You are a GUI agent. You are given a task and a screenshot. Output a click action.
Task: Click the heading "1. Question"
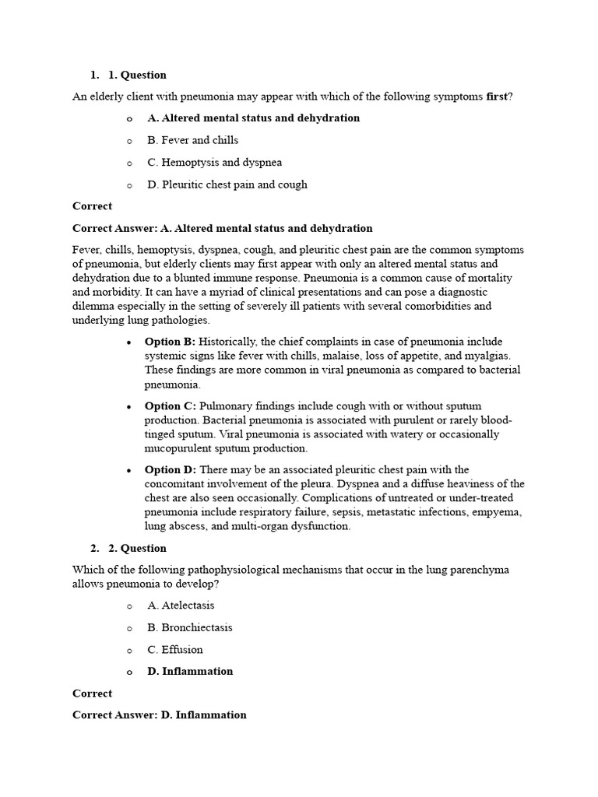click(x=137, y=75)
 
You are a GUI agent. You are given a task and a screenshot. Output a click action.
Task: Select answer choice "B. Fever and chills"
click(x=192, y=140)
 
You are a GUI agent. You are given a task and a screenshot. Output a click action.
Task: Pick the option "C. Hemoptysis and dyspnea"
click(x=214, y=163)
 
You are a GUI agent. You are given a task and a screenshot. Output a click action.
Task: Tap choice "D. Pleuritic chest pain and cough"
click(x=227, y=184)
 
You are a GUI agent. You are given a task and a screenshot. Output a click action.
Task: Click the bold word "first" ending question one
click(x=497, y=97)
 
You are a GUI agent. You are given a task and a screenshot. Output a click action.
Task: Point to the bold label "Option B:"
click(x=170, y=342)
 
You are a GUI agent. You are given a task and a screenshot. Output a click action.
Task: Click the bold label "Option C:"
click(x=170, y=406)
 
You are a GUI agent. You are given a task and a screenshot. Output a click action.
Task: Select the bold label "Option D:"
click(x=170, y=470)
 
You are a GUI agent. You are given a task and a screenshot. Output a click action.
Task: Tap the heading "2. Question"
click(x=137, y=549)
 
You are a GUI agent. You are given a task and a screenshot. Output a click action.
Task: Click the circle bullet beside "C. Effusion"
click(x=129, y=650)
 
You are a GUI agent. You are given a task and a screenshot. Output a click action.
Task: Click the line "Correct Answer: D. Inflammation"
click(x=160, y=714)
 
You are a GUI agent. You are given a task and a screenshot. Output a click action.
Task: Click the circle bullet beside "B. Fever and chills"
click(x=129, y=141)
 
